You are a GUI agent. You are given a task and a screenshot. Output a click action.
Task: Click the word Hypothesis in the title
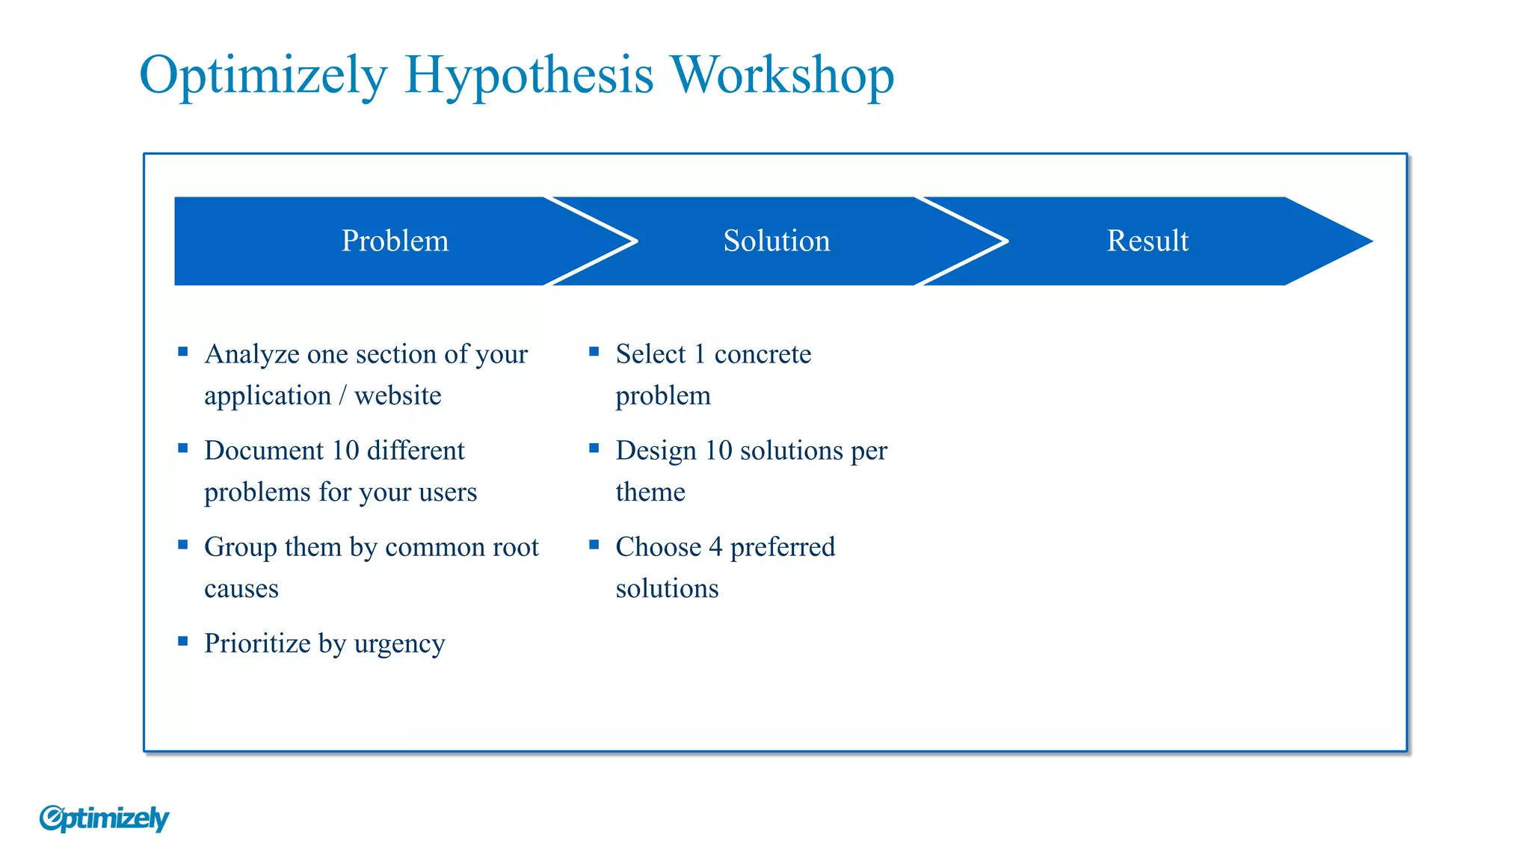[529, 76]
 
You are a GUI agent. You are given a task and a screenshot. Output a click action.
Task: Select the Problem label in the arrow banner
[395, 241]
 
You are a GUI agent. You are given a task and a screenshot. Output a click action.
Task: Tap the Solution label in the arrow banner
[776, 241]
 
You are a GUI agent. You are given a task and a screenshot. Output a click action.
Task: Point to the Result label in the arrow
[1147, 241]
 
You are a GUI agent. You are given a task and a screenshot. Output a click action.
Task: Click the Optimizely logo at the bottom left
[104, 818]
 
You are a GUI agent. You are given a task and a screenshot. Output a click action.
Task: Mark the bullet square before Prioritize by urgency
[183, 641]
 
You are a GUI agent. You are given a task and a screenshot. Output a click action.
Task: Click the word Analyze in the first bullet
[251, 354]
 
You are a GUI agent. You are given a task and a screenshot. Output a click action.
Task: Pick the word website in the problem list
[398, 395]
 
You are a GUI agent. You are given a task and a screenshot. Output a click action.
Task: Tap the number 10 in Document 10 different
[345, 451]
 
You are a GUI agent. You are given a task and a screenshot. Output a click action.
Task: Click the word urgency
[399, 644]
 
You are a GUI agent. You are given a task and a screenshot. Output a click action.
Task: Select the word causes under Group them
[241, 589]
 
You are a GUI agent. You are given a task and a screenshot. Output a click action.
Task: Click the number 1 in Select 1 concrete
[700, 354]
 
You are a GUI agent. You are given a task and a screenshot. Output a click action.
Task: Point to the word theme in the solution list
[650, 492]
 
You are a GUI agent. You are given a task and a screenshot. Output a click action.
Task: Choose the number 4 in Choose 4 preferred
[715, 547]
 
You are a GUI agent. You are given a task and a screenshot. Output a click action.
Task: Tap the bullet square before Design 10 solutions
[594, 448]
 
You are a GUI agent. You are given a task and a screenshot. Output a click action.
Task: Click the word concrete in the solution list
[762, 354]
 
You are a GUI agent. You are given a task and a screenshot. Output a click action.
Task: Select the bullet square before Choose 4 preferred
[594, 545]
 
